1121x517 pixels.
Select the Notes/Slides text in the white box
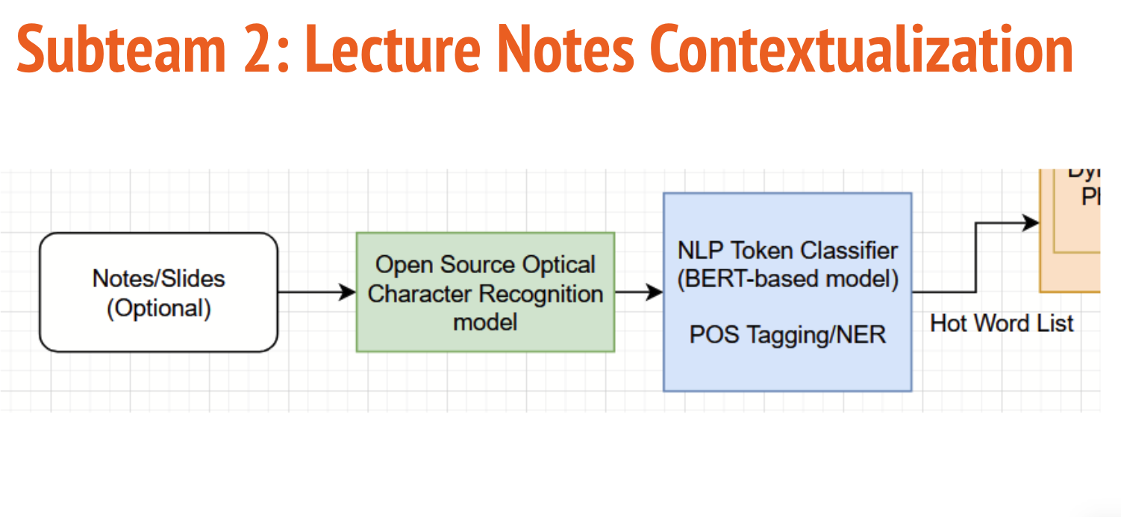pyautogui.click(x=158, y=278)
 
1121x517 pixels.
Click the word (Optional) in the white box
pyautogui.click(x=158, y=308)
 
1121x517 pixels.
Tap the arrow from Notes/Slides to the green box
pyautogui.click(x=316, y=292)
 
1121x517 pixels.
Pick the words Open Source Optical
pyautogui.click(x=485, y=265)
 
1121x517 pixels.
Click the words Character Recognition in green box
pyautogui.click(x=485, y=294)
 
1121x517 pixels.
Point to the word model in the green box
pyautogui.click(x=485, y=322)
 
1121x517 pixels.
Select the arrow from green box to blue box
pyautogui.click(x=639, y=292)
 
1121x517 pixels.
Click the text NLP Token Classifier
pyautogui.click(x=787, y=251)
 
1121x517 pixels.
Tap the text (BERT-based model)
pyautogui.click(x=787, y=280)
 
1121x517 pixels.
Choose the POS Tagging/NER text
pyautogui.click(x=787, y=335)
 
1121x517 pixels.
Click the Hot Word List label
pyautogui.click(x=1002, y=323)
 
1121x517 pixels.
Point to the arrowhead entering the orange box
pyautogui.click(x=1031, y=222)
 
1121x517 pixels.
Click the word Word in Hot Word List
pyautogui.click(x=1002, y=323)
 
